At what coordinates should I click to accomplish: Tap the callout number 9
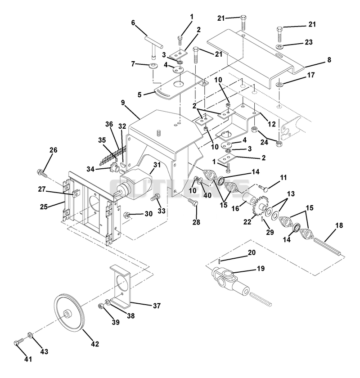point(123,103)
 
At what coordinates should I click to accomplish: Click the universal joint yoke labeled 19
point(230,281)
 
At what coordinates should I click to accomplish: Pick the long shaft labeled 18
point(327,247)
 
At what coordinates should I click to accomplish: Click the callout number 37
point(157,306)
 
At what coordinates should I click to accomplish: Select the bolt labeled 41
point(19,343)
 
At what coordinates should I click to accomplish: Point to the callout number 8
point(329,59)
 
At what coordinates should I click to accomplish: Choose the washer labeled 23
point(280,46)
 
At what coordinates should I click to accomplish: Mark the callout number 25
point(44,207)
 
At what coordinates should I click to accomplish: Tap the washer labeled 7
point(153,66)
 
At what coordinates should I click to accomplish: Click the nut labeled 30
point(126,214)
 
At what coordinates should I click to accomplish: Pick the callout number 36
point(109,124)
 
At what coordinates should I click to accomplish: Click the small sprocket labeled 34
point(114,167)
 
